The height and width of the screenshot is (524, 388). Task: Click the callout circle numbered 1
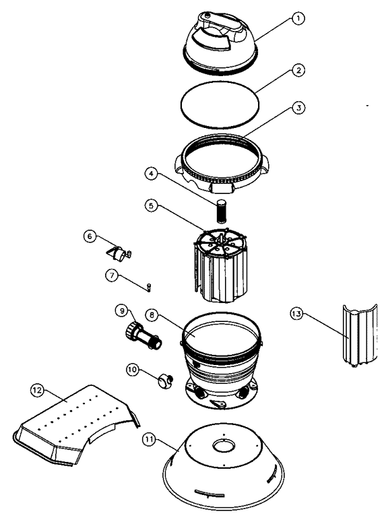[x=298, y=18]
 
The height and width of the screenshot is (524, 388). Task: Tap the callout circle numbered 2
[x=298, y=70]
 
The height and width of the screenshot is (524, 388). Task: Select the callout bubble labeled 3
[x=298, y=108]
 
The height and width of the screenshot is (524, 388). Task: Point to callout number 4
[x=152, y=174]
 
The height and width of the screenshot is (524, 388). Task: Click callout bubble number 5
[x=152, y=205]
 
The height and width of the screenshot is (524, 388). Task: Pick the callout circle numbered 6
[x=90, y=236]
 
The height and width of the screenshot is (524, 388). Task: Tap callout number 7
[x=112, y=275]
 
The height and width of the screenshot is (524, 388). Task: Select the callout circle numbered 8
[x=152, y=315]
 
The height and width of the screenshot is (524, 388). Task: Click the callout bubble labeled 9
[x=122, y=310]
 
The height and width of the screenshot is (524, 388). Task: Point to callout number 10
[x=133, y=369]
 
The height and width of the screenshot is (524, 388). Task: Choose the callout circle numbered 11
[x=149, y=439]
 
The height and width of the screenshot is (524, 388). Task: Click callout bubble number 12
[x=37, y=390]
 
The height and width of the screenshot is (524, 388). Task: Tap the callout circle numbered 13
[x=297, y=314]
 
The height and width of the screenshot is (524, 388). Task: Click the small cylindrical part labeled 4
[x=221, y=211]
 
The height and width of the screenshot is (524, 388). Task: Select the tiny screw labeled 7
[x=149, y=287]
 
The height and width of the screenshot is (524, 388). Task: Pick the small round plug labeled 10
[x=166, y=381]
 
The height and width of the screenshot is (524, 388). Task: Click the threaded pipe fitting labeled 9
[x=143, y=336]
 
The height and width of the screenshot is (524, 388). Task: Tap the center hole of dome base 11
[x=224, y=446]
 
